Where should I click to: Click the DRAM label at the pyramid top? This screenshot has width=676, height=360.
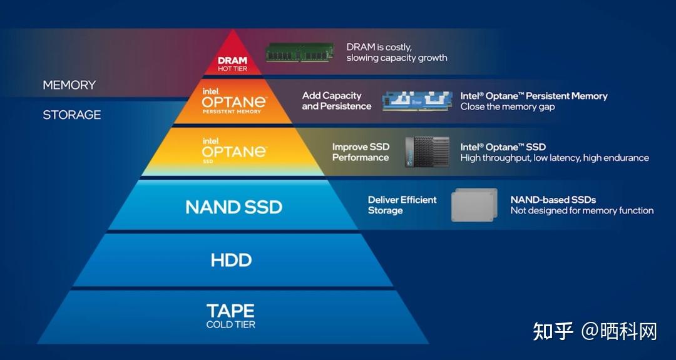coord(232,61)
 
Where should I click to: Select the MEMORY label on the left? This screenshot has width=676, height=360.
coord(69,85)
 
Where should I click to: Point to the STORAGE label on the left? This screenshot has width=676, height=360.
coord(71,115)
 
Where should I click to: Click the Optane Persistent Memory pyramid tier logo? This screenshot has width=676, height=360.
coord(233,100)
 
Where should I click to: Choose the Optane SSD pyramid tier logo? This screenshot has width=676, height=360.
coord(233,150)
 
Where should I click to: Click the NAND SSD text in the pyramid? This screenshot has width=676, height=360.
coord(233,207)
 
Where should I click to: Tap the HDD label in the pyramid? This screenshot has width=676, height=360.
coord(231,260)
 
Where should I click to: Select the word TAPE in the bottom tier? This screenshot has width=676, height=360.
coord(230,311)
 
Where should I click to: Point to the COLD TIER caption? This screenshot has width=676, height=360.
coord(230,324)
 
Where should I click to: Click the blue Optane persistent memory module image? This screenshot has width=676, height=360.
coord(417,101)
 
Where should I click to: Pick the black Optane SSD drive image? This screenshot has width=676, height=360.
coord(427,152)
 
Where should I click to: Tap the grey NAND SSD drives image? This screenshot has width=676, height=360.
coord(474,205)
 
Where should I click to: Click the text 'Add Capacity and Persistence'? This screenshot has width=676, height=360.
coord(336,101)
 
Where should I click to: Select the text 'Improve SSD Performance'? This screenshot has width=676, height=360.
coord(360,152)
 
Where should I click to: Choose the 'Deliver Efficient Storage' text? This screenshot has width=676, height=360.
coord(402,205)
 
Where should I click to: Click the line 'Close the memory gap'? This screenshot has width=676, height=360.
coord(507,106)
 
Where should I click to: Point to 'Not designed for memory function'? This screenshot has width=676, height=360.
coord(581,210)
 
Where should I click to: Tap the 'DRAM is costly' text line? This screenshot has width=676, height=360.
coord(379,47)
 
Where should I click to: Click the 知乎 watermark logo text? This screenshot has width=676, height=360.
coord(553,331)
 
